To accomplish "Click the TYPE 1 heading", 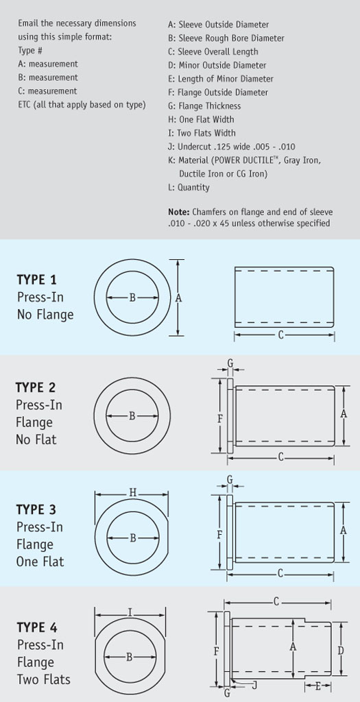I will (36, 280).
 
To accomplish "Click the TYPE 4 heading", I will (37, 627).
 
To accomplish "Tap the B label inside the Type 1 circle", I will (132, 298).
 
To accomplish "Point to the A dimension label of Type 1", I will (178, 298).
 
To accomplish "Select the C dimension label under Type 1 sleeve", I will (281, 335).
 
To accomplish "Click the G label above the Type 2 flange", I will (230, 363).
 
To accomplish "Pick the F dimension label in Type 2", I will (219, 417).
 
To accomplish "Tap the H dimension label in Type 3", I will (132, 492).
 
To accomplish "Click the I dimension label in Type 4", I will (130, 613).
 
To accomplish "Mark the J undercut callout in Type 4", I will (254, 684).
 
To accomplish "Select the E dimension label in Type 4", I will (317, 686).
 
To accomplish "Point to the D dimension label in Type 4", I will (341, 650).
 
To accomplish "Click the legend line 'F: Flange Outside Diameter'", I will (217, 93).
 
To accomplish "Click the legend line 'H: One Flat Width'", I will (206, 119).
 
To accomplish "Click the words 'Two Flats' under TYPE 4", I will (43, 679).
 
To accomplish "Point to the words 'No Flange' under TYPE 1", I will (45, 315).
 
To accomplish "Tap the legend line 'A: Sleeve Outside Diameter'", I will (218, 25).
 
